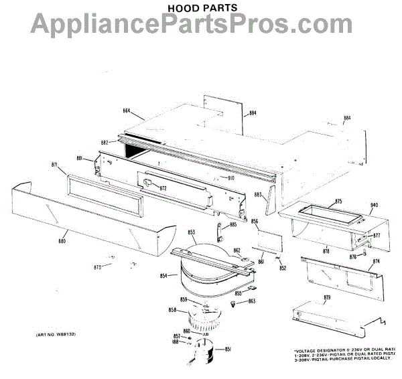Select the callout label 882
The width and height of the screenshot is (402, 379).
[105, 142]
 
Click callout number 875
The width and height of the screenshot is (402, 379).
[338, 201]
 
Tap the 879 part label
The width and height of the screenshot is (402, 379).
[328, 297]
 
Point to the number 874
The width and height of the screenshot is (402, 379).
[376, 261]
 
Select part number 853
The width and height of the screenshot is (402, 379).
[192, 232]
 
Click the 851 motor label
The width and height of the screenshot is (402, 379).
[227, 350]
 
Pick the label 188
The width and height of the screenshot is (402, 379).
[175, 342]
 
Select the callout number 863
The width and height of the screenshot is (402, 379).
[252, 301]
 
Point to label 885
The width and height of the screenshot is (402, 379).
[233, 225]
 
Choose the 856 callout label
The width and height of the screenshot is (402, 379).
[255, 220]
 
